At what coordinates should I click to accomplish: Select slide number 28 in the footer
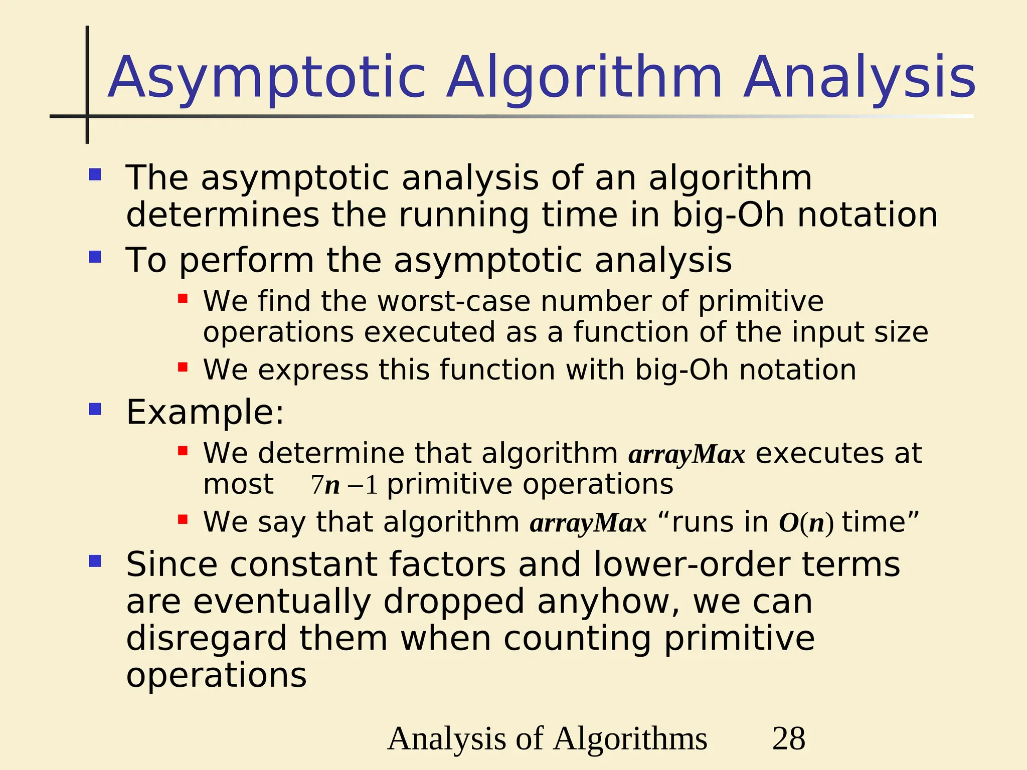(789, 738)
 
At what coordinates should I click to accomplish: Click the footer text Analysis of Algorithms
(547, 738)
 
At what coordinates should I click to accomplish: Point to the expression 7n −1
(344, 485)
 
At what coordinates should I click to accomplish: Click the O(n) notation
(806, 523)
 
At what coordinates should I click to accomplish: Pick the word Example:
(205, 412)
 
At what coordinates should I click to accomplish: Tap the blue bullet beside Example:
(95, 409)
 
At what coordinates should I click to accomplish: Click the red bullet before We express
(183, 367)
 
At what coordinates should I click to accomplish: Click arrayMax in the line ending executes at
(687, 455)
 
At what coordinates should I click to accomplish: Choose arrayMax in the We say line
(588, 523)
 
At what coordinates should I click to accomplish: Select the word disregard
(206, 639)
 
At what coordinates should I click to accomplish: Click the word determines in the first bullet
(222, 215)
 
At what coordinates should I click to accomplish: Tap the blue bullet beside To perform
(95, 257)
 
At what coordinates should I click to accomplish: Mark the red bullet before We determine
(183, 451)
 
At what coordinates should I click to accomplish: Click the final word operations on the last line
(216, 675)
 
